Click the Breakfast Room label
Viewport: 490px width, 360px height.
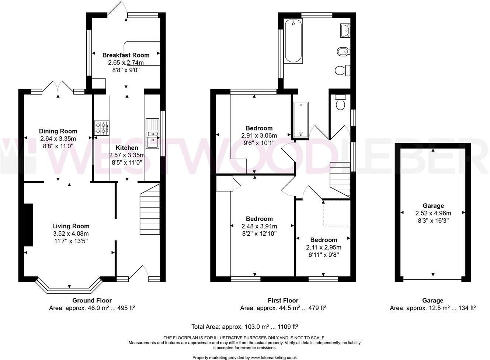pyautogui.click(x=126, y=55)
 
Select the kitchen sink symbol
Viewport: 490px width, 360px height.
pyautogui.click(x=152, y=133)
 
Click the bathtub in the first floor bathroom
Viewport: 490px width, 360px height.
pyautogui.click(x=293, y=41)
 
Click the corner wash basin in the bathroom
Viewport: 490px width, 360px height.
pyautogui.click(x=345, y=30)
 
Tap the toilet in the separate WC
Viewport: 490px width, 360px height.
pyautogui.click(x=340, y=102)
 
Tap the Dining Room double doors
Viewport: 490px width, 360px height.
pyautogui.click(x=58, y=87)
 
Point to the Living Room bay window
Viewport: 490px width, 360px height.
pyautogui.click(x=69, y=289)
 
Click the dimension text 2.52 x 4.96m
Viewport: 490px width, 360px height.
pyautogui.click(x=433, y=213)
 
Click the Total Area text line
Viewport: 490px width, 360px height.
pyautogui.click(x=244, y=326)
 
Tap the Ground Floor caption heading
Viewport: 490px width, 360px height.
pyautogui.click(x=92, y=301)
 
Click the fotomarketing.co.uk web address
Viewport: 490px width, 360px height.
pyautogui.click(x=274, y=357)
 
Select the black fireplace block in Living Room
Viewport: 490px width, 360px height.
pyautogui.click(x=28, y=225)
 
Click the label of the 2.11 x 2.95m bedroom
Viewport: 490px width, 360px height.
pyautogui.click(x=323, y=240)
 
